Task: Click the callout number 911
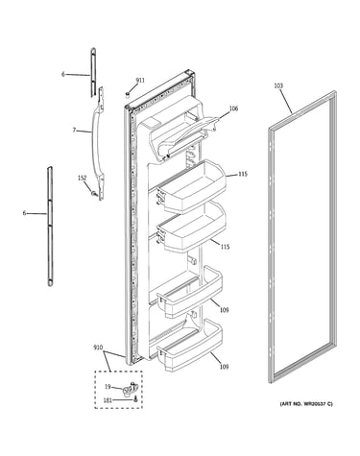tap(140, 80)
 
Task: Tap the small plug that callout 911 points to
tap(128, 94)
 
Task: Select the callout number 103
tap(278, 85)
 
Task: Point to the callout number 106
tap(233, 108)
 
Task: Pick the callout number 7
tap(74, 130)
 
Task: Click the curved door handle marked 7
tap(98, 144)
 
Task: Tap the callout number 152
tap(83, 178)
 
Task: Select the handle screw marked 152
tap(94, 193)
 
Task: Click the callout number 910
tap(98, 347)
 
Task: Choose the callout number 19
tap(108, 387)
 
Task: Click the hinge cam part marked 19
tap(130, 388)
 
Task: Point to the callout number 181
tap(108, 400)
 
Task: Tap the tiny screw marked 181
tap(135, 398)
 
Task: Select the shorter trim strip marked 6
tap(93, 72)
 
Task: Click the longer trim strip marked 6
tap(50, 226)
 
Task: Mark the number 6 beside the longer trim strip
tap(24, 213)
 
